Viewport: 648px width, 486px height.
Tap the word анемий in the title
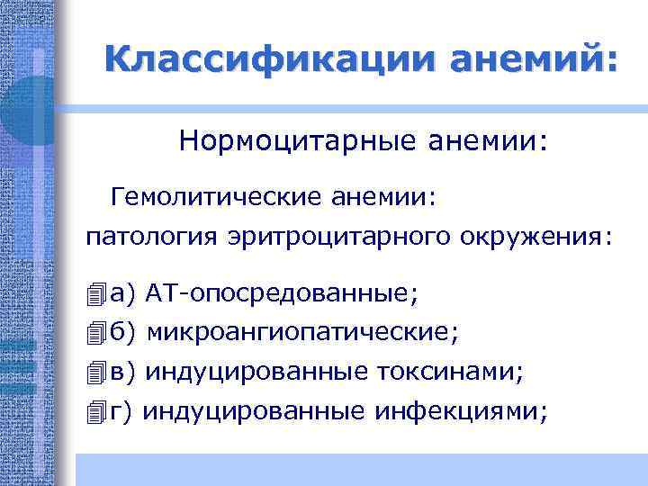point(522,60)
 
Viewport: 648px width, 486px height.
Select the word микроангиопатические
point(301,333)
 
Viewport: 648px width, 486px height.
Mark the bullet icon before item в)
point(97,373)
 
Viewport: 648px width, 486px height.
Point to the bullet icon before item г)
point(97,412)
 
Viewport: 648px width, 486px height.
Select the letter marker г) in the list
point(121,411)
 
